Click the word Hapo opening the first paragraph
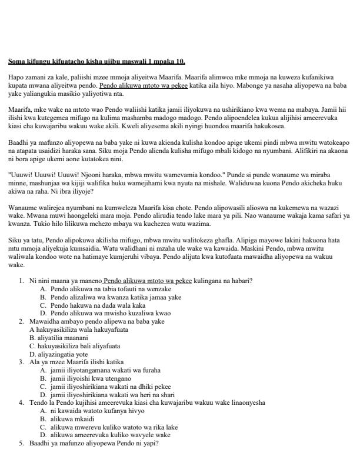[16, 77]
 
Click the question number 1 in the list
[21, 281]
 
